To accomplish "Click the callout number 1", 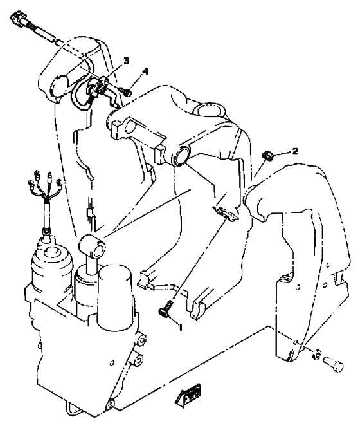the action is (x=180, y=327).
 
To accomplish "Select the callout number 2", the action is (x=295, y=151).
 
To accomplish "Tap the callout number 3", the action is (x=126, y=60).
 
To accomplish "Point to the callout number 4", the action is (x=145, y=71).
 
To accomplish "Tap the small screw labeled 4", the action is (x=126, y=93).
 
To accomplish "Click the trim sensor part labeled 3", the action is (x=100, y=89).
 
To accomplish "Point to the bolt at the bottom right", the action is (x=334, y=363).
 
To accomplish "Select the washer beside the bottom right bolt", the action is (x=317, y=354).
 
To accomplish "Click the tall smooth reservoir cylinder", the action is (x=115, y=296).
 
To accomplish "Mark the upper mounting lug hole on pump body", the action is (x=141, y=340).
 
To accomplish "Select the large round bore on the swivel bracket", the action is (x=179, y=157).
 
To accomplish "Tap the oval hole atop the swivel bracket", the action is (x=211, y=111).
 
